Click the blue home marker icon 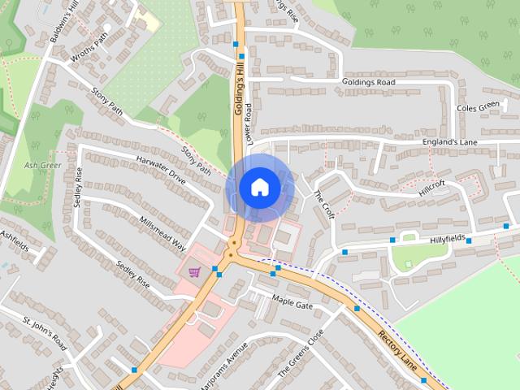[259, 187]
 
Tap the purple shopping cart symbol [194, 271]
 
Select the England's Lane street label [449, 142]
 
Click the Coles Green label [477, 106]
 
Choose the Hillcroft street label [432, 186]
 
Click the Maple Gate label [292, 303]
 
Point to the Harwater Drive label [162, 167]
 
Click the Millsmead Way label [163, 234]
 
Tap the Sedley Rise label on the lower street [133, 275]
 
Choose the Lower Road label [250, 123]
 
